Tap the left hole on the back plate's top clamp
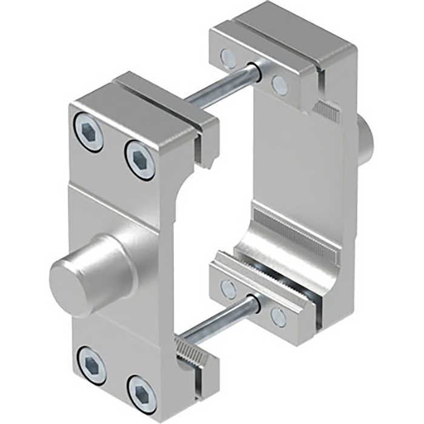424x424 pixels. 228,58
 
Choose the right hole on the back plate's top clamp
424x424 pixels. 279,84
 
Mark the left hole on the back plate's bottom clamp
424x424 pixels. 228,289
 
